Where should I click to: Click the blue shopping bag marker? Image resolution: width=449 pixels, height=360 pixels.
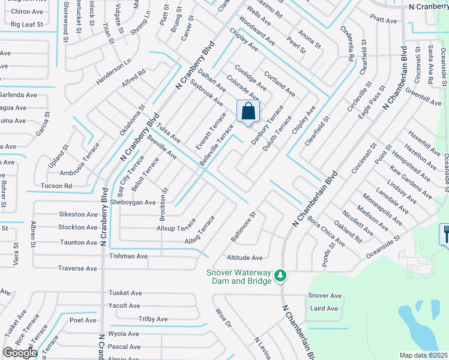[249, 112]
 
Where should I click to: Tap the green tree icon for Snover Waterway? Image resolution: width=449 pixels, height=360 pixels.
[280, 275]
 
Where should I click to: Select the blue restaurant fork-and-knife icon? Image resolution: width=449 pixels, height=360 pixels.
[444, 233]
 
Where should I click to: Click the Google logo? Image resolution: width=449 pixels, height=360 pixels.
[20, 353]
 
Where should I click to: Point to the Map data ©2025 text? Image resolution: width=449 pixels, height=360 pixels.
[423, 355]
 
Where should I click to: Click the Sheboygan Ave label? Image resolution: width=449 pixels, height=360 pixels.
[133, 202]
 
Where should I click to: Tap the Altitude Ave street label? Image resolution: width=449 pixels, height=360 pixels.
[244, 258]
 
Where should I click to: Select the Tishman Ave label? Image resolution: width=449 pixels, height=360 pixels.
[128, 256]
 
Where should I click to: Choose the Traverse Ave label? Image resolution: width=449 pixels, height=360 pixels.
[77, 268]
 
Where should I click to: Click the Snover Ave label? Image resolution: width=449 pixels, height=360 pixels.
[325, 296]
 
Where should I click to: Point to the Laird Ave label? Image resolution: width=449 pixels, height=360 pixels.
[324, 308]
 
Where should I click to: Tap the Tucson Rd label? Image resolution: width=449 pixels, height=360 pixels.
[56, 186]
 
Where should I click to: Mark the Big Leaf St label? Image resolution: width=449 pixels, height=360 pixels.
[28, 25]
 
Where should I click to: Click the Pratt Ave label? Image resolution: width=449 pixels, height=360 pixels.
[384, 20]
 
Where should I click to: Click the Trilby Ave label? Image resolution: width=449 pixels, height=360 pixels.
[153, 319]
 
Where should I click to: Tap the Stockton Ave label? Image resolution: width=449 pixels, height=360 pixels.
[77, 227]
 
